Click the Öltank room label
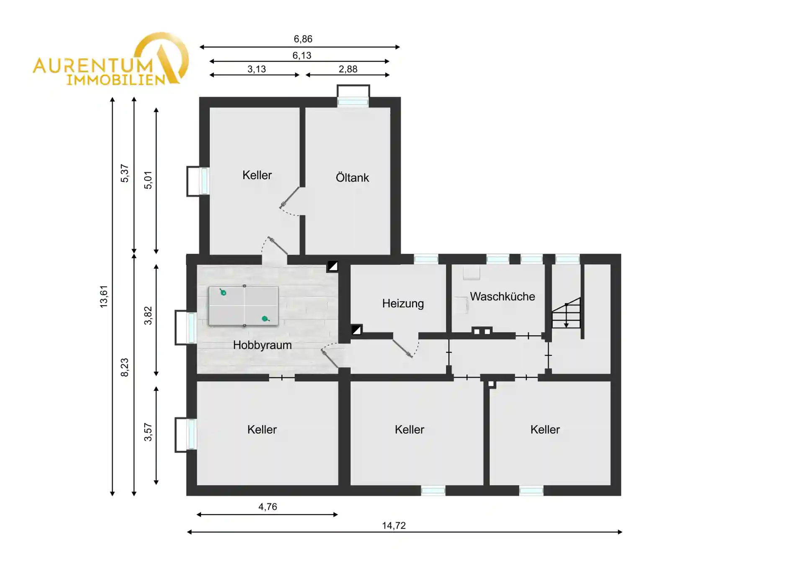(x=352, y=177)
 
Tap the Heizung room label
(x=403, y=303)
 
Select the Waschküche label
(x=502, y=296)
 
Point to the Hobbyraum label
(x=262, y=345)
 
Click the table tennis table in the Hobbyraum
(x=244, y=306)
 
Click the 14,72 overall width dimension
(x=394, y=526)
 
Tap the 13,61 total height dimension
(x=103, y=297)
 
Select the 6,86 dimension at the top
(x=303, y=39)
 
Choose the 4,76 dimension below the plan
(x=268, y=507)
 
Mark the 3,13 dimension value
(x=256, y=69)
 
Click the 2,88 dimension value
(x=348, y=69)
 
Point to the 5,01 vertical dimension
(x=148, y=180)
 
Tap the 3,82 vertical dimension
(x=148, y=316)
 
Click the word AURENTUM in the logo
(x=93, y=66)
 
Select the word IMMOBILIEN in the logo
(x=116, y=80)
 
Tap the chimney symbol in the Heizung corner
(x=356, y=330)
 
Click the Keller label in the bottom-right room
(x=545, y=429)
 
